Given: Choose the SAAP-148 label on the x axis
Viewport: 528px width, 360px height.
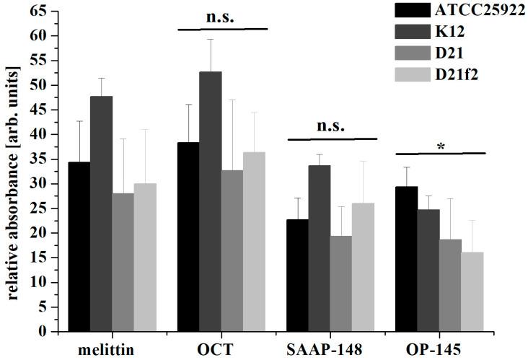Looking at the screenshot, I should [x=331, y=348].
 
